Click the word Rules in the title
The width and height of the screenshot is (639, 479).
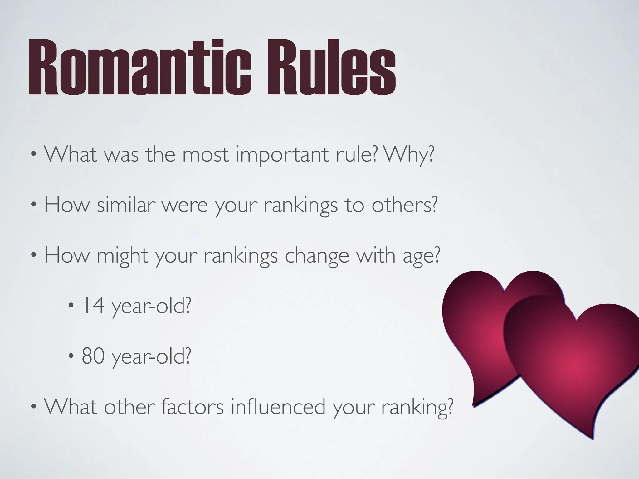point(331,67)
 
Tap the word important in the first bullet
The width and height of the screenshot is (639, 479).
point(283,154)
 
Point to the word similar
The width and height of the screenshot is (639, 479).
point(126,205)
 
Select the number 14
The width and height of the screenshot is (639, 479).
point(93,306)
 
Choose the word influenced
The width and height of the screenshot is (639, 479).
point(278,407)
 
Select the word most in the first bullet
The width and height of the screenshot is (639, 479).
point(206,154)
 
